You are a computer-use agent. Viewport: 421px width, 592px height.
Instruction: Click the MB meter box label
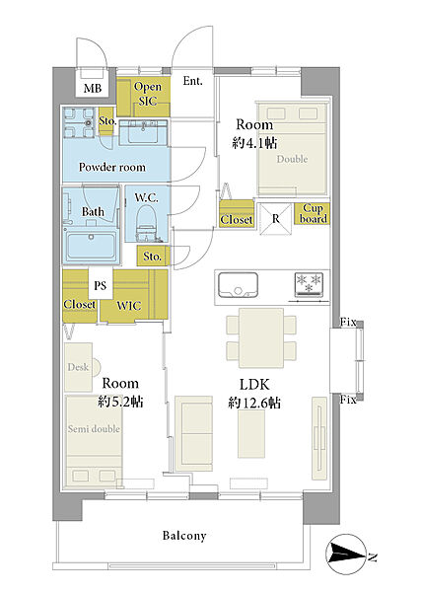click(93, 89)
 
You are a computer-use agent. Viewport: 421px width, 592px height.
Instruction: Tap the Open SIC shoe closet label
click(148, 94)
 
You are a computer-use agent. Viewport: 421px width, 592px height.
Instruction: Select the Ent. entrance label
click(193, 81)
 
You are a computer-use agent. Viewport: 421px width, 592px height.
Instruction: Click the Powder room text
click(112, 167)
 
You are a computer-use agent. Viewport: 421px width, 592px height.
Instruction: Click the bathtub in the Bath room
click(91, 245)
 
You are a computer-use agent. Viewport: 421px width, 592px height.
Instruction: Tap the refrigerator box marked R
click(276, 219)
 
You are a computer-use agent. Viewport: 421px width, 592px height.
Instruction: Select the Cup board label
click(313, 213)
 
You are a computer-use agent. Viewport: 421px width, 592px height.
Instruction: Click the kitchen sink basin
click(238, 284)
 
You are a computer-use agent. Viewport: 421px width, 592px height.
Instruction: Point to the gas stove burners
click(309, 283)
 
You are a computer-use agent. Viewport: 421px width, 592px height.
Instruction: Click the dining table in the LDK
click(261, 337)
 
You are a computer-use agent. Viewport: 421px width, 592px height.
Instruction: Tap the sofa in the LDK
click(194, 433)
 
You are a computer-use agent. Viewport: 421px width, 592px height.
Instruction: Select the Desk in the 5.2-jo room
click(79, 367)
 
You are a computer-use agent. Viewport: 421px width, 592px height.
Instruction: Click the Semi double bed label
click(94, 429)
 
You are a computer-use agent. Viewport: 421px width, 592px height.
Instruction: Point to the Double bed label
click(292, 159)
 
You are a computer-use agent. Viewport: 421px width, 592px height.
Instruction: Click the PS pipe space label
click(100, 286)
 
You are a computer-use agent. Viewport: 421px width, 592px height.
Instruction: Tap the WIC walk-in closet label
click(129, 306)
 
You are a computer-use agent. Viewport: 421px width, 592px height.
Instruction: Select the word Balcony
click(184, 536)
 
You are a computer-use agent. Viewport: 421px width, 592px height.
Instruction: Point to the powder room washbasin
click(143, 132)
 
